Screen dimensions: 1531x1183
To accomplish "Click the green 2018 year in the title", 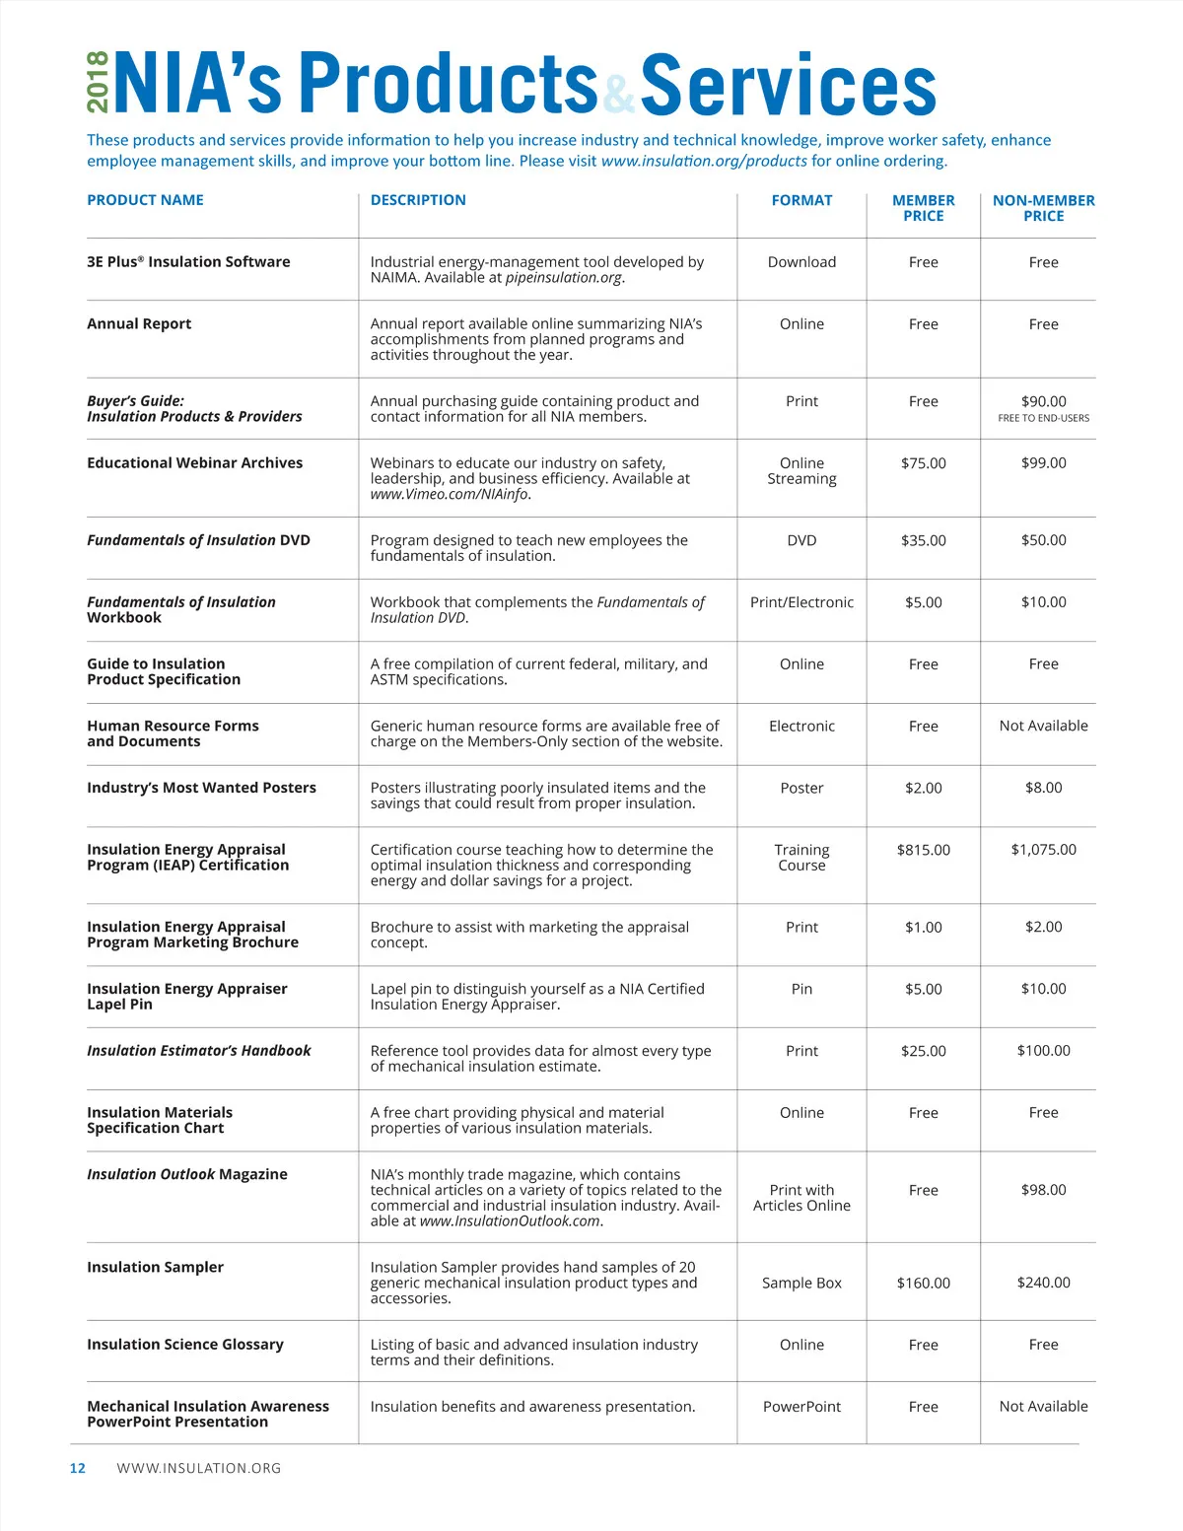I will point(98,83).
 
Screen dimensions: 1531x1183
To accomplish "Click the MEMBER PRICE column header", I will point(923,208).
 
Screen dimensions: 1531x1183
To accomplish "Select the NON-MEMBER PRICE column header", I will point(1043,208).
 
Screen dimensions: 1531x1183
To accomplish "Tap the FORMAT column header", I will point(801,200).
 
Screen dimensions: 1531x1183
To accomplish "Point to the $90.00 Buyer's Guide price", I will point(1043,401).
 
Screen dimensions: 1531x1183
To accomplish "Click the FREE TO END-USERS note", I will point(1043,418).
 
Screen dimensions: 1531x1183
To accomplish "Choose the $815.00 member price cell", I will point(923,850).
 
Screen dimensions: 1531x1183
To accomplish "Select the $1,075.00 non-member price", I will point(1043,850).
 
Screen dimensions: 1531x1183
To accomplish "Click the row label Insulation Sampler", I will point(155,1267).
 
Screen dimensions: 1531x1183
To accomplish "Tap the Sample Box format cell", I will point(801,1283).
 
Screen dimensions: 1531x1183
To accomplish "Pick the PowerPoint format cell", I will point(801,1407).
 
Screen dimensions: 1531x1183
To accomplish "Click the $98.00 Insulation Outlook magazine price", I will point(1043,1190).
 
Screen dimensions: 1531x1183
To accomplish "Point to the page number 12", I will point(77,1468).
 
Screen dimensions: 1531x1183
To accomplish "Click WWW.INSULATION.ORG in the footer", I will point(198,1468).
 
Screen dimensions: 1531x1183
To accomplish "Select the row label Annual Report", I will point(139,323).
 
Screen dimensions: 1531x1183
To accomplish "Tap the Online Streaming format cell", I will point(801,471).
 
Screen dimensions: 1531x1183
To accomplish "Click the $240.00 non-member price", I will point(1043,1283).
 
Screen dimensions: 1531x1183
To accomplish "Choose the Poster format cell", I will point(801,788).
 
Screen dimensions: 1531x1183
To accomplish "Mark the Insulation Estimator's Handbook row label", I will point(198,1051).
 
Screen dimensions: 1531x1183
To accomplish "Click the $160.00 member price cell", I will point(923,1283).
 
